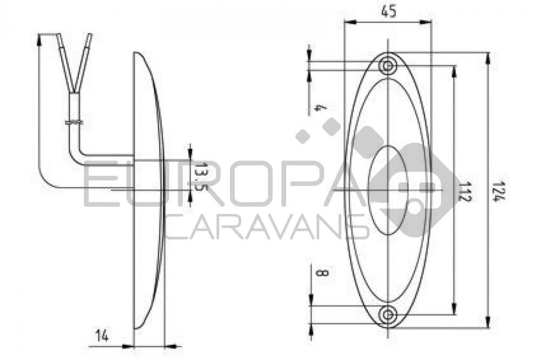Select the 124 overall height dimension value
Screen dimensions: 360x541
point(497,190)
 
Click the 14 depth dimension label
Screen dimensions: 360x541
point(102,336)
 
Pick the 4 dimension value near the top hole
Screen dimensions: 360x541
point(319,108)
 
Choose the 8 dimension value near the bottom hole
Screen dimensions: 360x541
point(321,274)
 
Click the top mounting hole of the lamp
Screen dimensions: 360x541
point(387,66)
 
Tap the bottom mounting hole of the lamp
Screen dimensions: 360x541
point(387,314)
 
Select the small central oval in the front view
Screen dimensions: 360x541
point(388,190)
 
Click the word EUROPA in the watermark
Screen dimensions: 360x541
point(216,186)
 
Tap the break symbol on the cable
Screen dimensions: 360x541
point(74,122)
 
